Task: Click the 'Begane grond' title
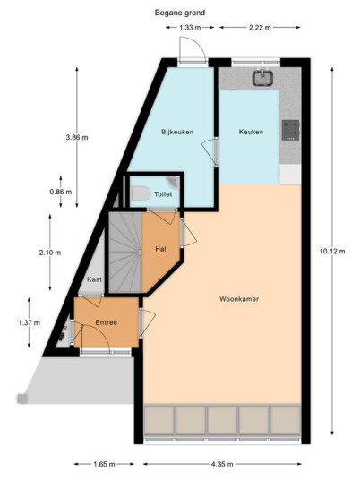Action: [180, 13]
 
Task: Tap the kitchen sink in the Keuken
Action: [262, 77]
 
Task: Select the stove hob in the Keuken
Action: [290, 130]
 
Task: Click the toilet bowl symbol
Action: [141, 193]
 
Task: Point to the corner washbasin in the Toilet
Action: [173, 182]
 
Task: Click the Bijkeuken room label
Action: [177, 132]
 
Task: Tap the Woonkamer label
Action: [239, 299]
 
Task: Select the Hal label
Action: [160, 249]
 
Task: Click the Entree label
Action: [107, 322]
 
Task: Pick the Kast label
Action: [94, 279]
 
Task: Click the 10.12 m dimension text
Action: [332, 252]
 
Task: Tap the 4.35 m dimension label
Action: [222, 464]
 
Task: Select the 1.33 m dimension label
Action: [190, 27]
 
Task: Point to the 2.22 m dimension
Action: [260, 27]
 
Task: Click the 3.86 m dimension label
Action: [77, 137]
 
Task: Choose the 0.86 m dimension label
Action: [61, 192]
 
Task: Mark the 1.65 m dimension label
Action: [104, 464]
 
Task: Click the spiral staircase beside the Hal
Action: [125, 253]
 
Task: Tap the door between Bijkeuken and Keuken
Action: [210, 152]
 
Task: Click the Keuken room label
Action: [251, 132]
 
